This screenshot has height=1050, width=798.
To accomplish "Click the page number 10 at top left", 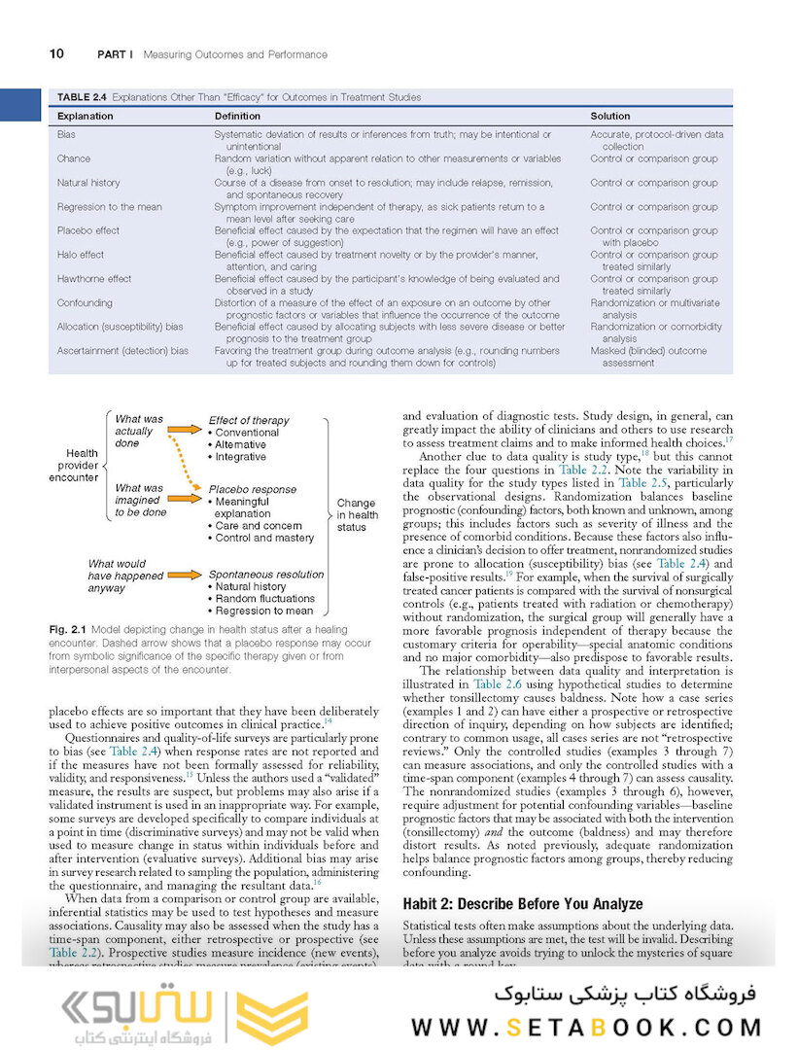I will (56, 54).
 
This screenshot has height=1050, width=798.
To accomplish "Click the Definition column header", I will (237, 117).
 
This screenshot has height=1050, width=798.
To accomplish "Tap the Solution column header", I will (610, 117).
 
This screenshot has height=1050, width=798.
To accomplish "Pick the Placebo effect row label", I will (88, 231).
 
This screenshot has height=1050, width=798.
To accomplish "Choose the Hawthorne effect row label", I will (94, 279).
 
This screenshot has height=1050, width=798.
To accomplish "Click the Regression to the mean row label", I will (109, 207).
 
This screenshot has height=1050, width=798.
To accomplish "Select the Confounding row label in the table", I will (85, 303).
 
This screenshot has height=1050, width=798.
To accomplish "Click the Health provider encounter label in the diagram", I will (83, 465).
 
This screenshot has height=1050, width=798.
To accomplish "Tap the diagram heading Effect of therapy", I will (249, 420).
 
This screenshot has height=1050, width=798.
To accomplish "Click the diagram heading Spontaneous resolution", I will (266, 575).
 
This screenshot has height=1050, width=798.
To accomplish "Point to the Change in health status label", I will (357, 515).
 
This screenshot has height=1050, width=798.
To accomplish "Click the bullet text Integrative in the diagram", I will (240, 457).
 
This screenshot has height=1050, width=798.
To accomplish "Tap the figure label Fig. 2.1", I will (67, 630).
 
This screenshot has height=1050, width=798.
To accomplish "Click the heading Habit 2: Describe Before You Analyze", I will (522, 904).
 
